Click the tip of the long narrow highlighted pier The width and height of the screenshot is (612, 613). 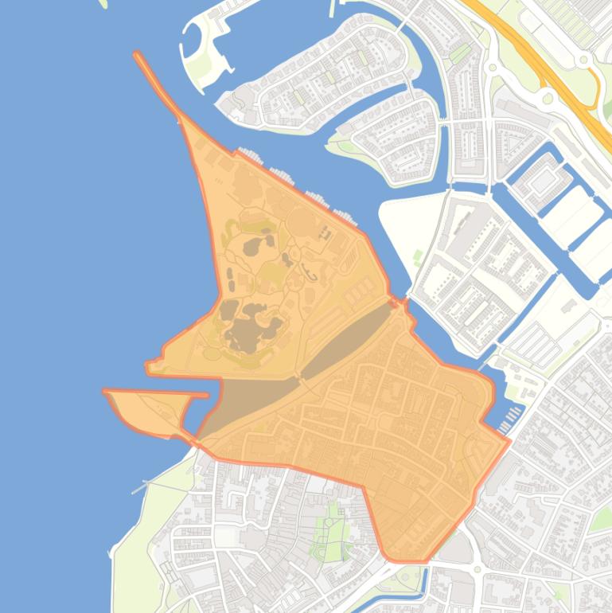138,55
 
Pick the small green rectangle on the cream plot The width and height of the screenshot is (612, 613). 418,257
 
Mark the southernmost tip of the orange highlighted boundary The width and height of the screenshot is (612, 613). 402,561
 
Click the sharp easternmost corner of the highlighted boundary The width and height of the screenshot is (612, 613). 509,439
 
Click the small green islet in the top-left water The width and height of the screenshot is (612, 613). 103,3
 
